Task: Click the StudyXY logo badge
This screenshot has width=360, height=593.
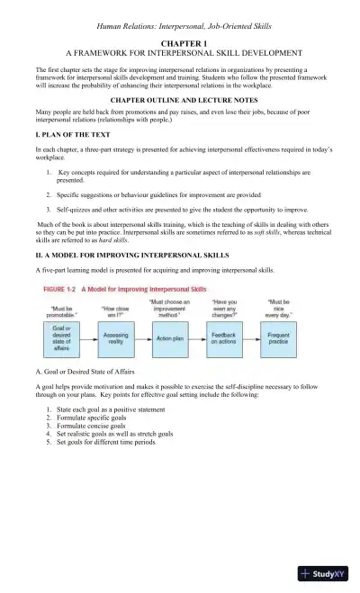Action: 325,573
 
